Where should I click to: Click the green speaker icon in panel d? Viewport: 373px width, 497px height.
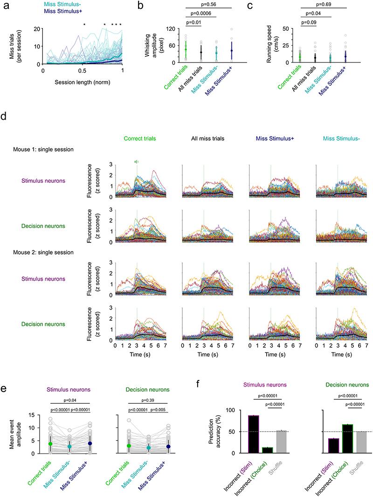tap(137, 162)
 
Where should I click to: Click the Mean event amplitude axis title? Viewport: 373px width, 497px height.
tap(32, 434)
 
